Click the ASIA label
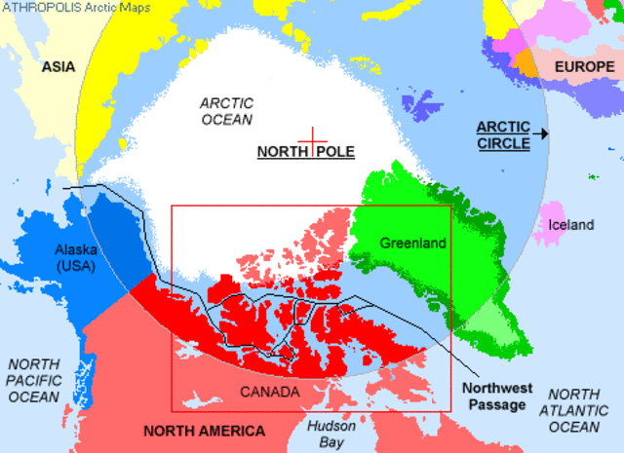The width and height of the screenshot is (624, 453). tap(58, 67)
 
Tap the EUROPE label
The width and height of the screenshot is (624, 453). tap(585, 66)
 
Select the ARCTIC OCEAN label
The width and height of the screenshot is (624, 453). tap(226, 110)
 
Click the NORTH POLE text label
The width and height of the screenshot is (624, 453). tap(305, 152)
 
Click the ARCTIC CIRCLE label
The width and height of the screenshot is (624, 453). tap(503, 135)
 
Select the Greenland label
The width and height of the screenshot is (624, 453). tap(412, 243)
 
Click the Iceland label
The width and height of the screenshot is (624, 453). tap(570, 225)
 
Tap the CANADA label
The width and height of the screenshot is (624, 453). tap(268, 391)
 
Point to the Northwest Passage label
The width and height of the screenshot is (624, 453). tap(494, 396)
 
